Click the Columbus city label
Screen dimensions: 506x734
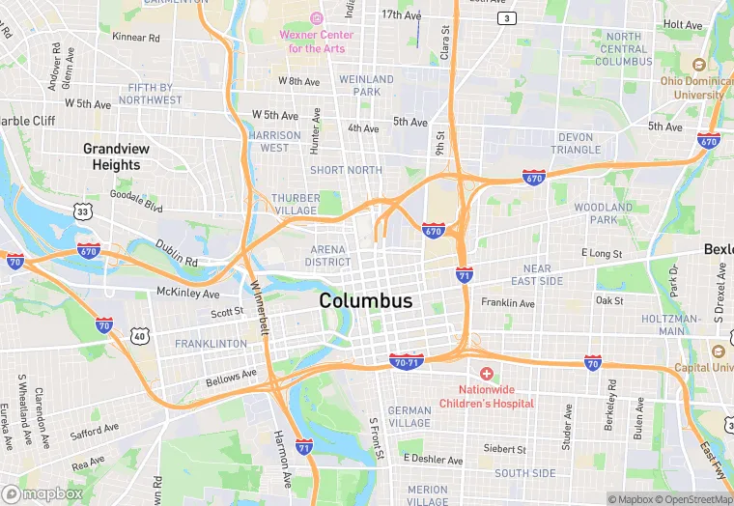[366, 300]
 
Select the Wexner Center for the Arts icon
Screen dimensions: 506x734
[316, 18]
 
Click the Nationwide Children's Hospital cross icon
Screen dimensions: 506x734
[487, 374]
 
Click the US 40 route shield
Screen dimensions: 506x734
[141, 335]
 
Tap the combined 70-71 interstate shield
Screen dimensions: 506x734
[407, 360]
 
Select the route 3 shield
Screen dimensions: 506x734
[505, 18]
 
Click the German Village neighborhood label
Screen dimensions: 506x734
[409, 416]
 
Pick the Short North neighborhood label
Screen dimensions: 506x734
[346, 170]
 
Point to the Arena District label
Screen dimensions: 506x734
[328, 255]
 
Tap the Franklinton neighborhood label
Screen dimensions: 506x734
[211, 344]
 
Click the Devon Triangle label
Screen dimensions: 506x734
[576, 143]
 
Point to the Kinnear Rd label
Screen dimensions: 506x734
[136, 38]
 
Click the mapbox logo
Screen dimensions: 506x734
[43, 493]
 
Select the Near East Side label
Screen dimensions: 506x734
[537, 274]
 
